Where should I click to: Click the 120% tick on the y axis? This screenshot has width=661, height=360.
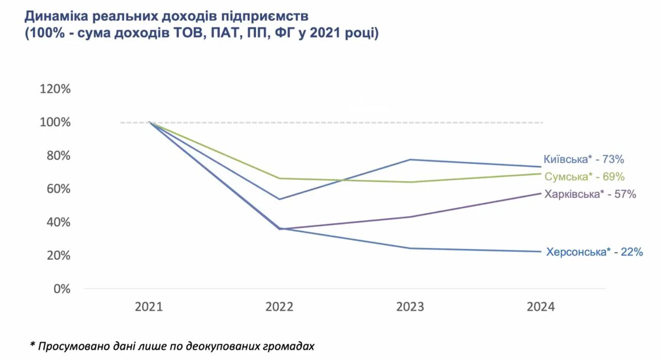(x=55, y=89)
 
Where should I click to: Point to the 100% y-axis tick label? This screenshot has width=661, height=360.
(x=55, y=122)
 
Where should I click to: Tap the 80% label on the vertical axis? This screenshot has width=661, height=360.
(x=57, y=155)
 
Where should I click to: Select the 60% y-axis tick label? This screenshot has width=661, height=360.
(x=57, y=189)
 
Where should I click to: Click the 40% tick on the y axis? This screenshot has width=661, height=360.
(x=57, y=222)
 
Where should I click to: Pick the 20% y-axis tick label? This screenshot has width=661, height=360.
(x=57, y=256)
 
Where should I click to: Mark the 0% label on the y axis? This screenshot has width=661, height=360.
(x=60, y=289)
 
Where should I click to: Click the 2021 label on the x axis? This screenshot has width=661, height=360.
(x=149, y=307)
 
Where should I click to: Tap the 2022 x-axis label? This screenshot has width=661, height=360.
(x=279, y=307)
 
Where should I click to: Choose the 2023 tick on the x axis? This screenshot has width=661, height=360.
(x=410, y=307)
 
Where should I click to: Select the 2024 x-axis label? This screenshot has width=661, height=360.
(x=541, y=307)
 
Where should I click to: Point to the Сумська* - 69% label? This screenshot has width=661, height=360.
(x=585, y=177)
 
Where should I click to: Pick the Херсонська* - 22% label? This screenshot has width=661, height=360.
(x=594, y=253)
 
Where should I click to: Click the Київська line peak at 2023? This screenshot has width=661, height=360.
(x=410, y=160)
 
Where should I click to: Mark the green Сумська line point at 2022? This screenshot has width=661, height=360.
(x=279, y=178)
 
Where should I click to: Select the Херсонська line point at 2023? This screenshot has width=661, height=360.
(x=410, y=248)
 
